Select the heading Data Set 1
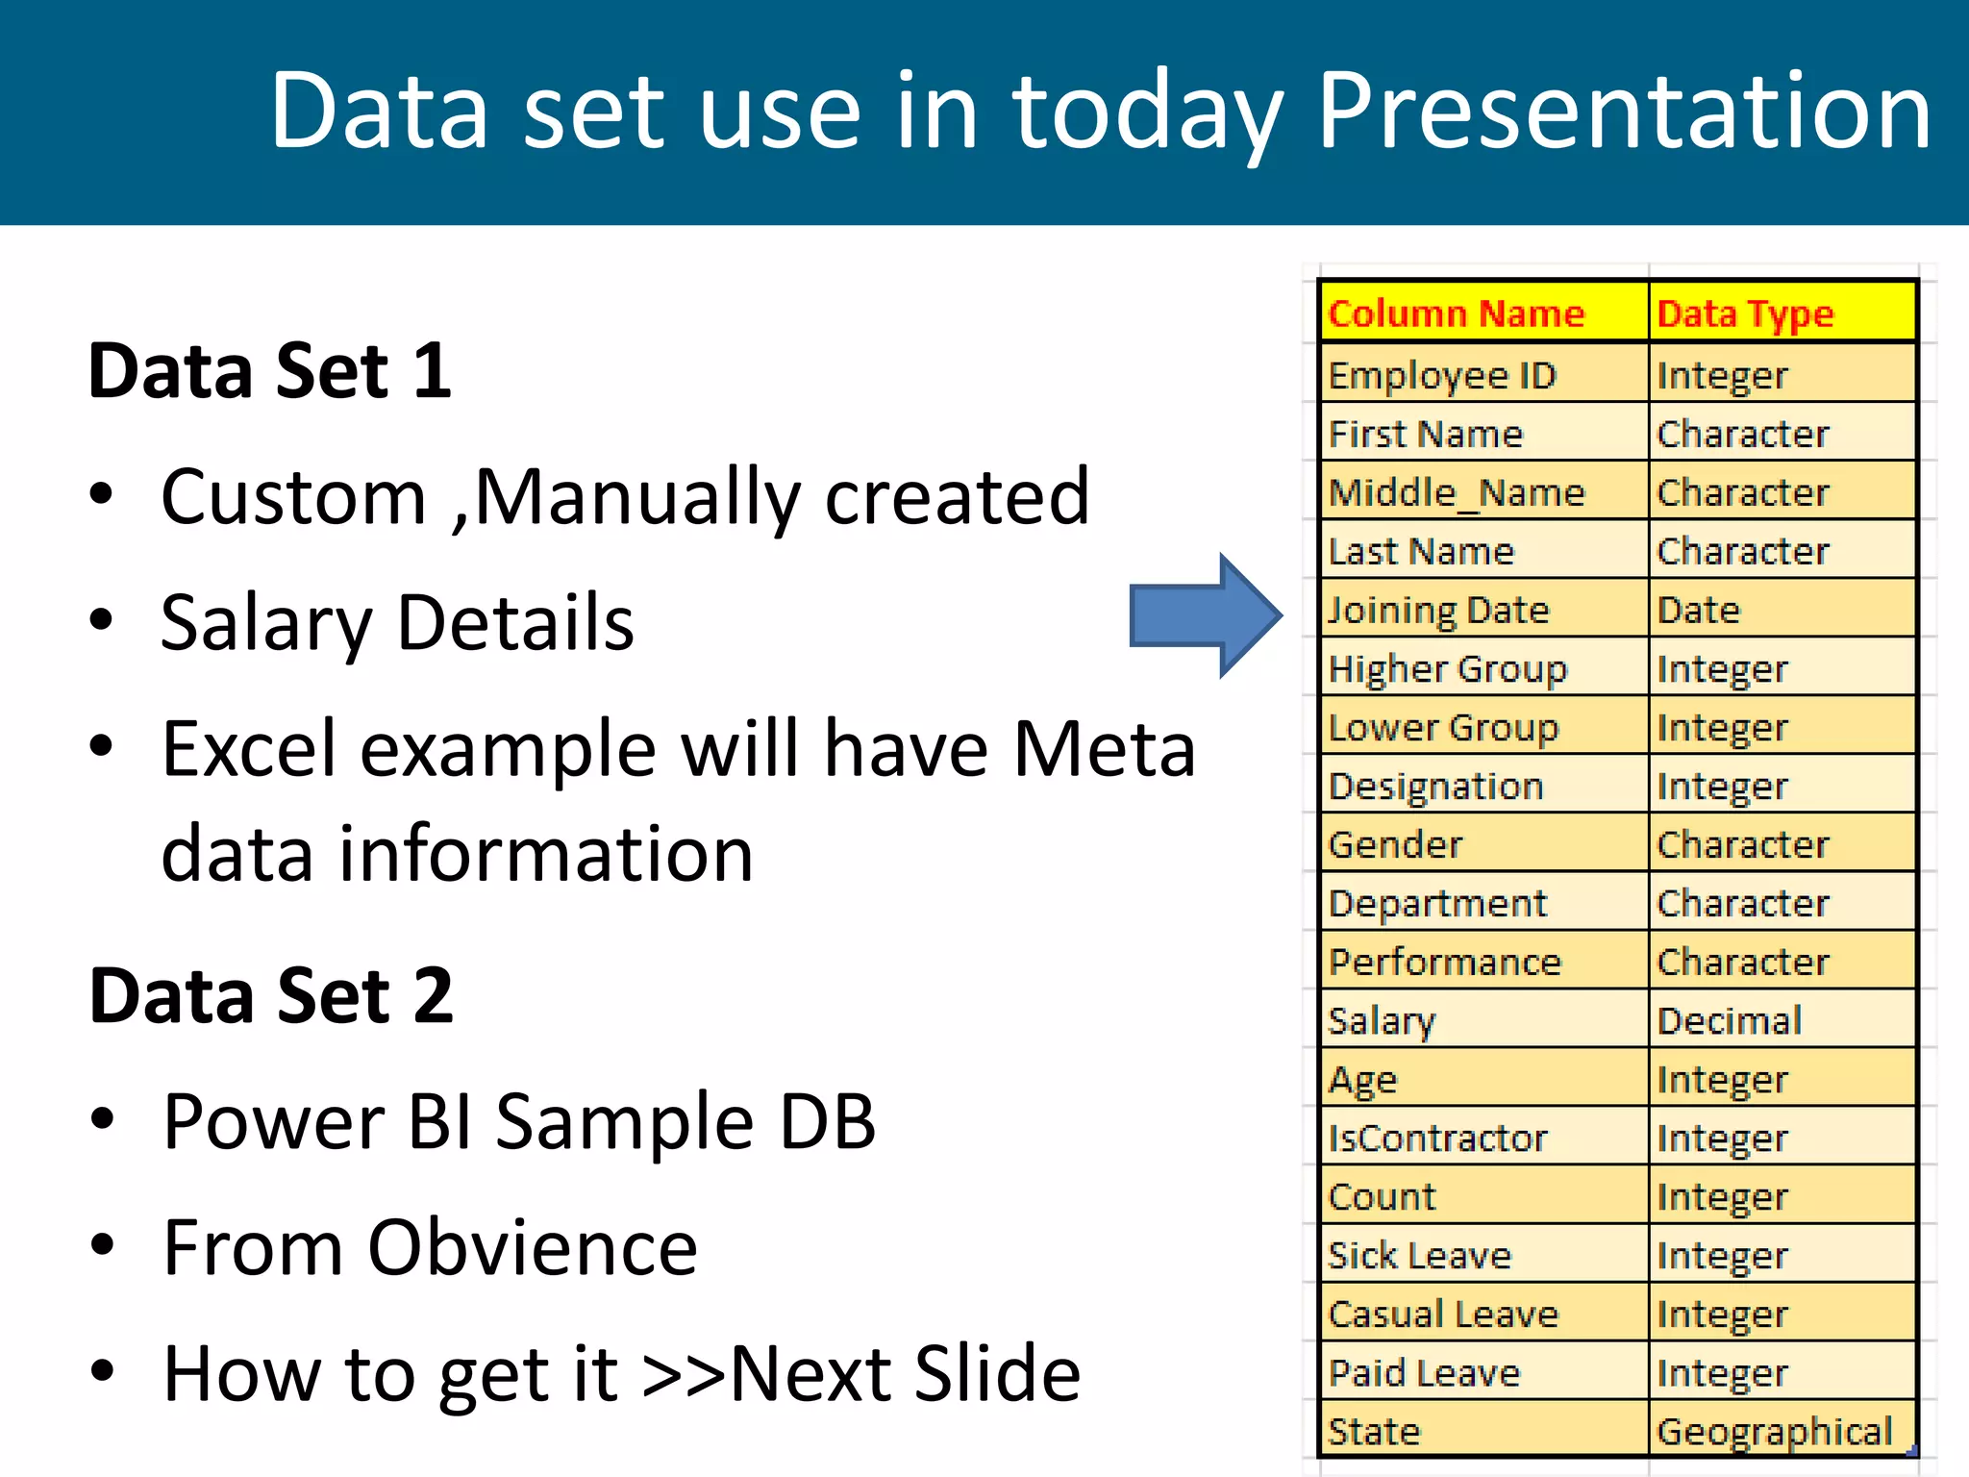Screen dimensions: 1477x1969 click(269, 371)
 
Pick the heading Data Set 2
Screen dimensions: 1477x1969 click(270, 995)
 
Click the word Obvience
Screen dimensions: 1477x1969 click(533, 1247)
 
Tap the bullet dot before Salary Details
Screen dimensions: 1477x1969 click(101, 619)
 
